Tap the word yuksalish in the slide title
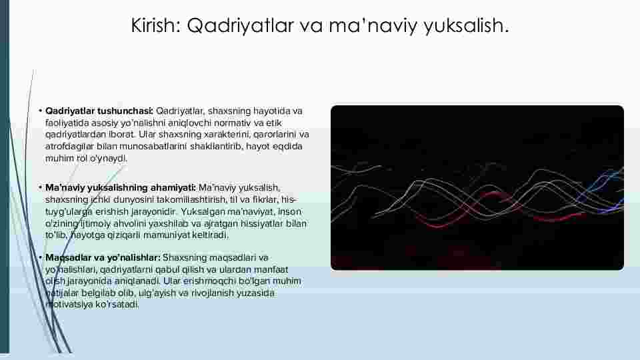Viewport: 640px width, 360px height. [x=466, y=26]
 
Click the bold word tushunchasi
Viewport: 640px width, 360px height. [x=125, y=111]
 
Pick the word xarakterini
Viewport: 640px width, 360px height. [x=221, y=135]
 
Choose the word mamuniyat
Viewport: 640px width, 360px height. [x=167, y=235]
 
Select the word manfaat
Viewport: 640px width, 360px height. [x=271, y=270]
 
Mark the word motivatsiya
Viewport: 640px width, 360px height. [x=70, y=305]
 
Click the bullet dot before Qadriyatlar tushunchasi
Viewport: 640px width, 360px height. [x=41, y=111]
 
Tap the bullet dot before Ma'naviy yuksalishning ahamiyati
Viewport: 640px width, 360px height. [x=41, y=188]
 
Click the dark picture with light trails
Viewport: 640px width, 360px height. [x=477, y=188]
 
